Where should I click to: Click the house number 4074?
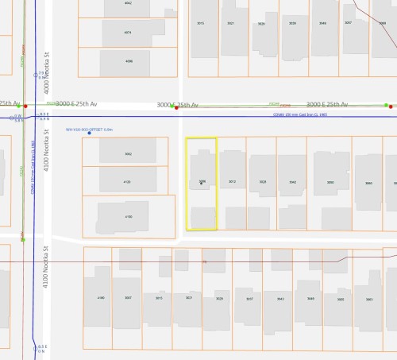coord(127,33)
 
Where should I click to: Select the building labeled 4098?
coord(129,60)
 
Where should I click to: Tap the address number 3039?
coord(293,24)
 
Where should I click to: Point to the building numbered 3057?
coord(348,23)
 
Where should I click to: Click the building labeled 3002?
coord(128,153)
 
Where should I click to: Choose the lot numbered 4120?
coord(128,182)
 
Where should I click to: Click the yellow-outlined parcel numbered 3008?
coord(202,181)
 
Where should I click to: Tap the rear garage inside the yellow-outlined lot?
coord(202,217)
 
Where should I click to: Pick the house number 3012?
coord(233,182)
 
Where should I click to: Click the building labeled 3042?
coord(293,182)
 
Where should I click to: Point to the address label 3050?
coord(330,182)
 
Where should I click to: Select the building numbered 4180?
coord(101,298)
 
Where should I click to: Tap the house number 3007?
coord(128,298)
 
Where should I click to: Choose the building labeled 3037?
coord(249,299)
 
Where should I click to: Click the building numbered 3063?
coord(369,299)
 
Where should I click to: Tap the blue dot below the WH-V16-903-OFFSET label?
coord(89,133)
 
